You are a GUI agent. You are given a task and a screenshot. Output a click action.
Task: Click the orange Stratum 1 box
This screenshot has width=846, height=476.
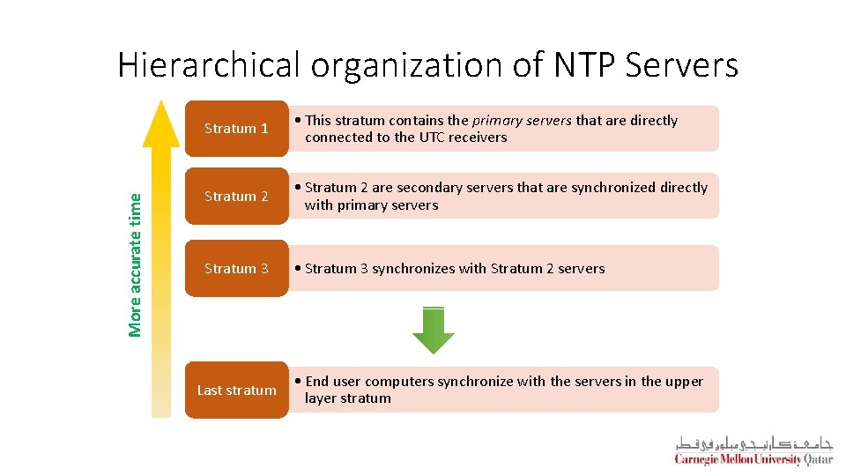click(x=236, y=129)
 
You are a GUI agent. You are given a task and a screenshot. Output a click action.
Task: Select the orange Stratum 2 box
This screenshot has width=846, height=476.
click(x=236, y=197)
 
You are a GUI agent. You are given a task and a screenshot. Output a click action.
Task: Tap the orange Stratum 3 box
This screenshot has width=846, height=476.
click(x=236, y=269)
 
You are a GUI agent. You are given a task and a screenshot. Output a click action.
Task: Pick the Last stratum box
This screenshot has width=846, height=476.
click(x=236, y=390)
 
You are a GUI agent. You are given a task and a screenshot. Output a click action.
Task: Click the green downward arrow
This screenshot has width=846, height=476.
click(x=434, y=331)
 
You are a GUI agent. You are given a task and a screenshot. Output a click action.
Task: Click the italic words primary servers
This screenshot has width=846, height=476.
click(x=522, y=121)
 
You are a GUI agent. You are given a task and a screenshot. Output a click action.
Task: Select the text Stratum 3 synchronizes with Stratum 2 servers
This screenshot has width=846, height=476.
click(x=454, y=269)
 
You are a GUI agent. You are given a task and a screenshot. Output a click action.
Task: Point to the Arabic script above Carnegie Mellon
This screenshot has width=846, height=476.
click(x=753, y=443)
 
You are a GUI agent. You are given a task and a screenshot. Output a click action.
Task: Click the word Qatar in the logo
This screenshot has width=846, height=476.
click(x=817, y=459)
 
